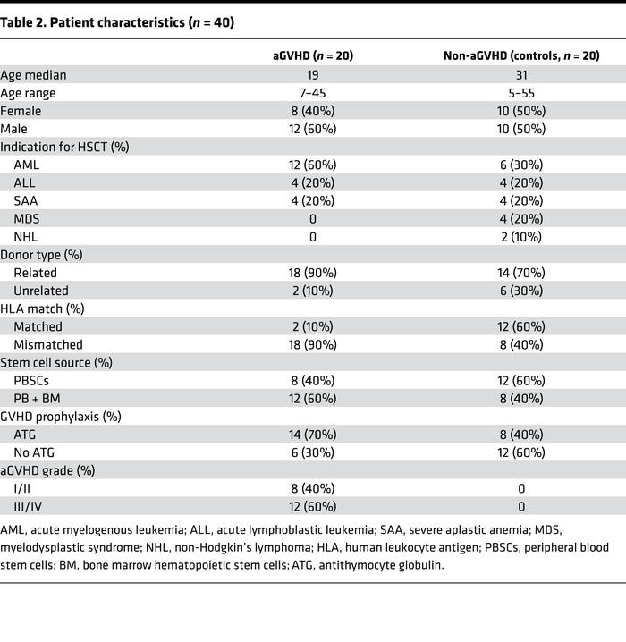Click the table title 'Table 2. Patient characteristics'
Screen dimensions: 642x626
coord(117,23)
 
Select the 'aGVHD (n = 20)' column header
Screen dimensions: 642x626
coord(313,55)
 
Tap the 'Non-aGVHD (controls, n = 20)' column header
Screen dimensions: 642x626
coord(521,55)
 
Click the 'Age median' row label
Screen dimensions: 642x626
coord(33,75)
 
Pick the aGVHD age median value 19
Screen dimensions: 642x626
coord(313,75)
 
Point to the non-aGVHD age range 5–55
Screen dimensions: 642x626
coord(521,93)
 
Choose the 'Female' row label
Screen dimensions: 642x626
coord(21,111)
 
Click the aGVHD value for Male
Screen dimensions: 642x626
coord(313,129)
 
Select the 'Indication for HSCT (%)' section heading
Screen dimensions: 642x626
coord(64,147)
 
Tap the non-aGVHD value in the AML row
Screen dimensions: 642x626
coord(521,165)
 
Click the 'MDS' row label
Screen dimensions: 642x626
coord(27,219)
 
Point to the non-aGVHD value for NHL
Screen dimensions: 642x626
coord(521,237)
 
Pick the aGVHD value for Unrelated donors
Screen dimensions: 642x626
coord(313,291)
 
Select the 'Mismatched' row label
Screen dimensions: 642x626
coord(47,344)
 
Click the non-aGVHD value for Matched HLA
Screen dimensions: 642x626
coord(521,326)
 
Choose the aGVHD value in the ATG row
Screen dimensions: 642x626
coord(313,435)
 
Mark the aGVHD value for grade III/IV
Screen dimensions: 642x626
coord(313,506)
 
